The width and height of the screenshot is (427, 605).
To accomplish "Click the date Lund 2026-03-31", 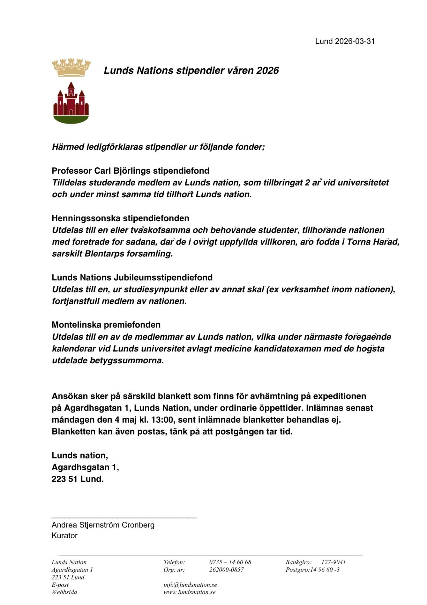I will [345, 41].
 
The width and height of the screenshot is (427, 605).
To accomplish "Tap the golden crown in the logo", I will [71, 67].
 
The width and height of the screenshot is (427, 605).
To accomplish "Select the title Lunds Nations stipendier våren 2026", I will [191, 70].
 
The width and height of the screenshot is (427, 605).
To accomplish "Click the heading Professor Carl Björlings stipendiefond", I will [130, 171].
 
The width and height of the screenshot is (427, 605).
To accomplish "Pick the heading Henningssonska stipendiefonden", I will [120, 218].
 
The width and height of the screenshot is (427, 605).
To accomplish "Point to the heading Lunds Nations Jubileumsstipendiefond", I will [132, 277].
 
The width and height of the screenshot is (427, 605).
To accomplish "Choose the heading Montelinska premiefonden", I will [106, 325].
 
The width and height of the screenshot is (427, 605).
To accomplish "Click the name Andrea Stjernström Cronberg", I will [103, 525].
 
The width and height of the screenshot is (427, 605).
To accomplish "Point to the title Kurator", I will [65, 535].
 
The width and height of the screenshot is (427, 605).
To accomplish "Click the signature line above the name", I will [124, 517].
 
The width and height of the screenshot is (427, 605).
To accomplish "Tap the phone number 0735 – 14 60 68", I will [230, 562].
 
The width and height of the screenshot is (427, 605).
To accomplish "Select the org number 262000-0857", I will [226, 570].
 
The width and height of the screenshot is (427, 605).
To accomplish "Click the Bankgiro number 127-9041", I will [333, 562].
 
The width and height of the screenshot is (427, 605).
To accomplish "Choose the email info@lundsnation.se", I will [190, 585].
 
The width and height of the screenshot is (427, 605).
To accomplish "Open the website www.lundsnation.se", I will [189, 592].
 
